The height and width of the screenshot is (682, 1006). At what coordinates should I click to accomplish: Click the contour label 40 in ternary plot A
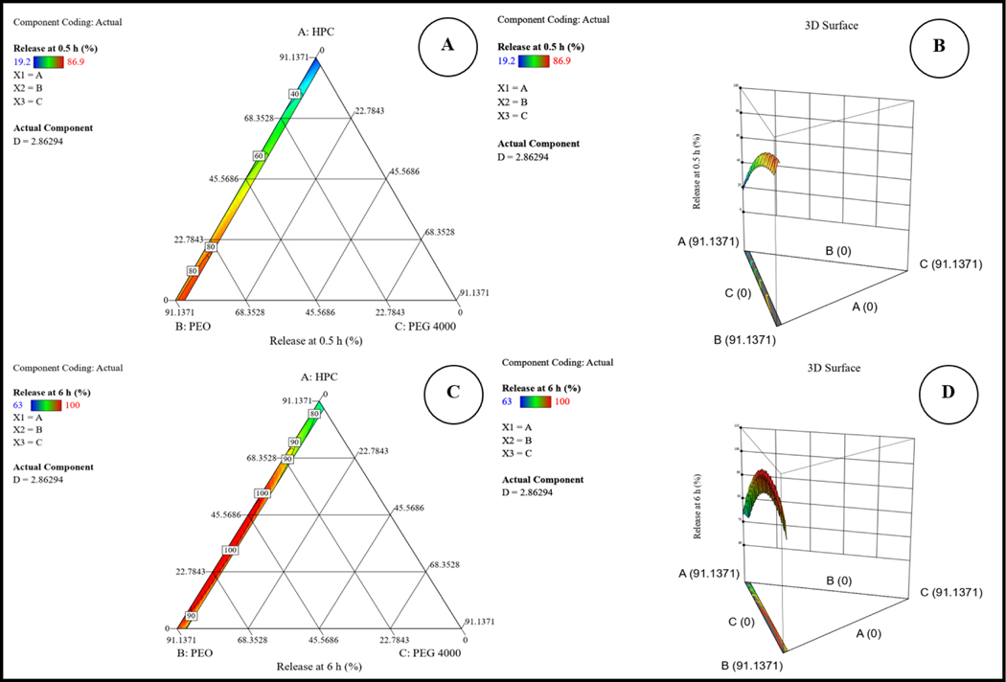pos(295,94)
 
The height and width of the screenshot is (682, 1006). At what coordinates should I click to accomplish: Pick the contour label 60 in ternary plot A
pos(258,155)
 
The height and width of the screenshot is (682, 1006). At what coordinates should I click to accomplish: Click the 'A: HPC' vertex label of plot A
pos(315,31)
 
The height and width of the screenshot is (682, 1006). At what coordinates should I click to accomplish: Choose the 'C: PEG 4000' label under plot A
pos(428,328)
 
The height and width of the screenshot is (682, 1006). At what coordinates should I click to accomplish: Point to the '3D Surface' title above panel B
pos(832,26)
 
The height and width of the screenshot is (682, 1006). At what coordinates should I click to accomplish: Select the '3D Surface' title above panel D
pos(833,368)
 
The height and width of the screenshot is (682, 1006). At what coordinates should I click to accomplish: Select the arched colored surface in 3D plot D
pos(766,498)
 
